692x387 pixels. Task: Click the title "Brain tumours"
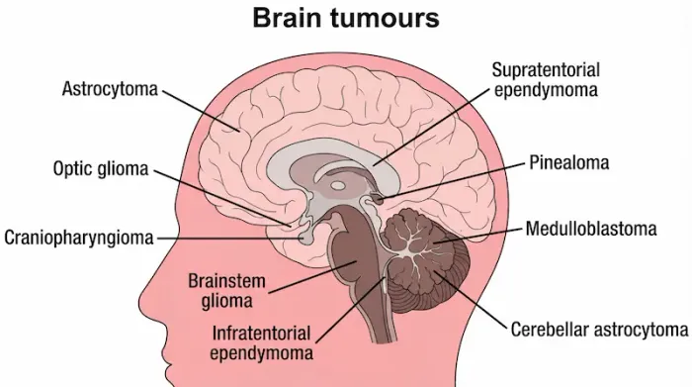point(345,19)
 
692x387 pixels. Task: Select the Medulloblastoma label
point(591,230)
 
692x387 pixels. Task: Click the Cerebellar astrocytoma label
point(598,328)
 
